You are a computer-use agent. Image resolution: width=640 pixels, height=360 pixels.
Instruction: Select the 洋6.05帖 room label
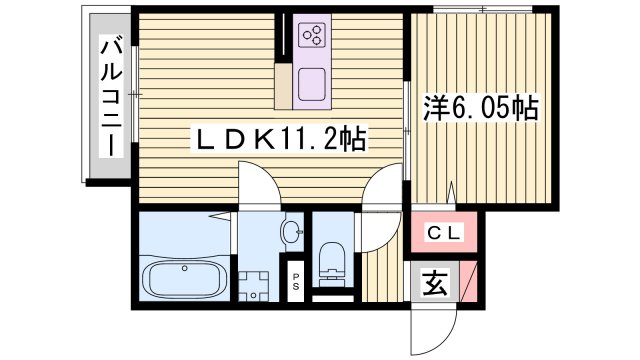click(x=482, y=107)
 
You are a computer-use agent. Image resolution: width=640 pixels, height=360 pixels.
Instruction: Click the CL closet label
click(x=444, y=233)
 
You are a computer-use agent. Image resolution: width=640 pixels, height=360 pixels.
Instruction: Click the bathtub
click(x=185, y=279)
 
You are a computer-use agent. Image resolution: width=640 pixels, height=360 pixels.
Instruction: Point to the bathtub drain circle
click(x=183, y=269)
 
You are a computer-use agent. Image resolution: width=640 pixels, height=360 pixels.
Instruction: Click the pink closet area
click(x=446, y=234)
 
